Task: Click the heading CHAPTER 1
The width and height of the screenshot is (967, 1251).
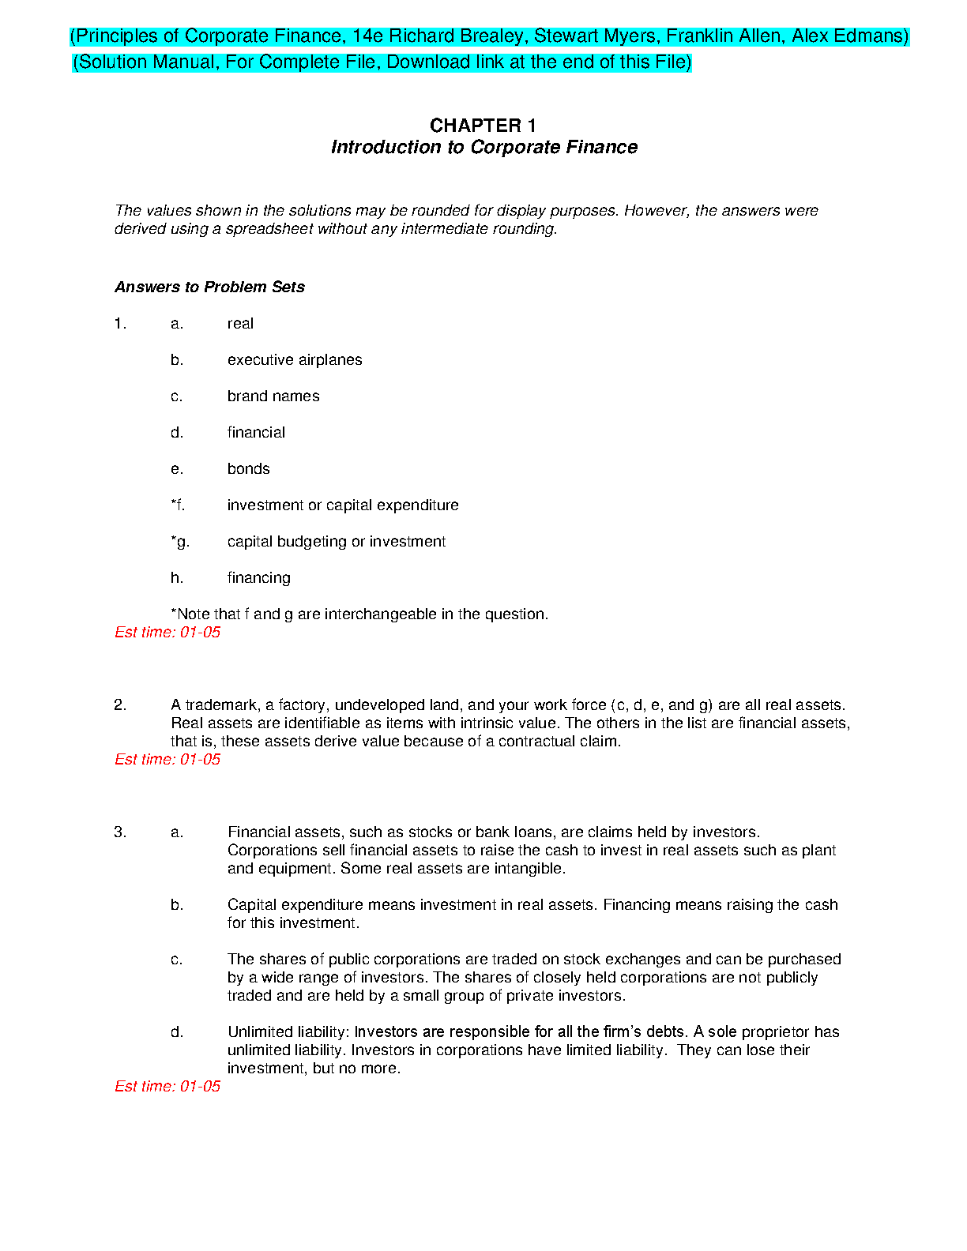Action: tap(483, 126)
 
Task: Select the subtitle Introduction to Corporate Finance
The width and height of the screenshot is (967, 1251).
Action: tap(483, 147)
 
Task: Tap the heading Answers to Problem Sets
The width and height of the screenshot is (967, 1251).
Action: tap(209, 287)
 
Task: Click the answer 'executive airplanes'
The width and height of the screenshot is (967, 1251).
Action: tap(295, 359)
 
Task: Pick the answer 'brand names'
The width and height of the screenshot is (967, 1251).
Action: tap(273, 396)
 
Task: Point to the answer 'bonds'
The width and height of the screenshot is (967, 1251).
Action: tap(248, 468)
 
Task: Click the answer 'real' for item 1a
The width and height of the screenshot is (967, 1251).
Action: tap(240, 323)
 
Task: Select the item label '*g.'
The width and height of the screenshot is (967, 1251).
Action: tap(180, 541)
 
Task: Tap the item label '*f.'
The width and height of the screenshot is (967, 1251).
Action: tap(178, 505)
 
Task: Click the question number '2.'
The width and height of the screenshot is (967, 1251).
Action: tap(120, 704)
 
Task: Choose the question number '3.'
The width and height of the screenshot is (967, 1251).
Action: tap(120, 832)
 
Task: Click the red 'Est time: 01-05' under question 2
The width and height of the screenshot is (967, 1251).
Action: tap(167, 759)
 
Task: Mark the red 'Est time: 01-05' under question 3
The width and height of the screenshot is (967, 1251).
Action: tap(167, 1086)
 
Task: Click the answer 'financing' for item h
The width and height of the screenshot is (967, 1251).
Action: tap(258, 577)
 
